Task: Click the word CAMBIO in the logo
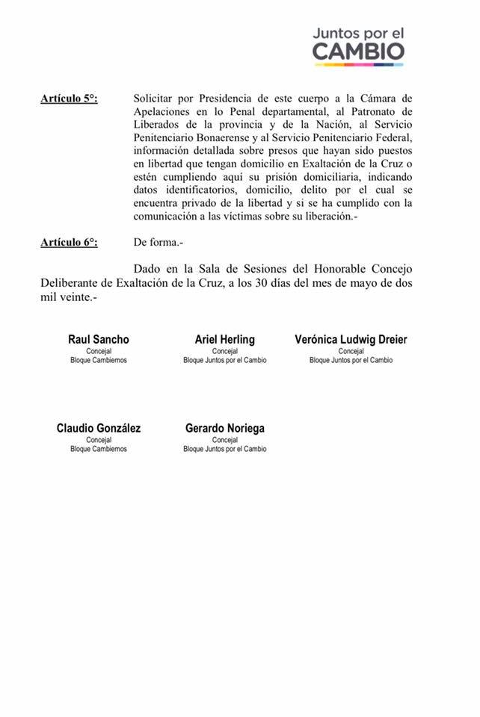tap(358, 52)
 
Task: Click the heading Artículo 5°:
tap(70, 98)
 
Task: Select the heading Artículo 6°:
tap(70, 241)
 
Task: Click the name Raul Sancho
tap(99, 339)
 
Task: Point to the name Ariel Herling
tap(224, 339)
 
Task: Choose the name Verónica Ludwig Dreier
tap(351, 339)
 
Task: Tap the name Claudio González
tap(99, 428)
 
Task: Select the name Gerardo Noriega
tap(224, 428)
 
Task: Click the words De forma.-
tap(158, 241)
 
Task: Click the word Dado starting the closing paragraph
tap(147, 268)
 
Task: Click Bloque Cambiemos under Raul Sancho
tap(99, 360)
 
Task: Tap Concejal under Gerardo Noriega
tap(224, 440)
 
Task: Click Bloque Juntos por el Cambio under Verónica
tap(351, 360)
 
